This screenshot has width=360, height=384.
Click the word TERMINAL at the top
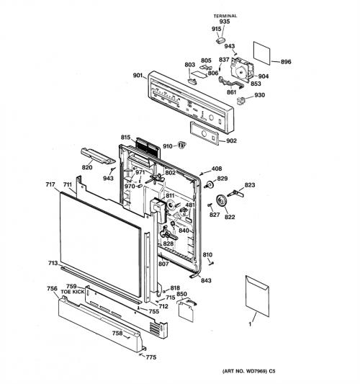(225, 16)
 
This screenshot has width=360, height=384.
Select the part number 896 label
(286, 62)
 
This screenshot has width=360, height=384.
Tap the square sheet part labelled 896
(262, 53)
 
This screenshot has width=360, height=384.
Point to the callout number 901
(138, 76)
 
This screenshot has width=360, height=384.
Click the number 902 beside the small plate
(231, 140)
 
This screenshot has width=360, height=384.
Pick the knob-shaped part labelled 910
(181, 145)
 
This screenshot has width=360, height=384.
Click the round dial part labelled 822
(222, 201)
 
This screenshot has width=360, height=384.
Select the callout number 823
(250, 185)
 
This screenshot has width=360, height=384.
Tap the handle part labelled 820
(98, 156)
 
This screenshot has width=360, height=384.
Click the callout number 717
(50, 184)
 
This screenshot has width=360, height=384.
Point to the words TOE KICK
(73, 292)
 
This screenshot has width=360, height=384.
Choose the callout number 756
(52, 289)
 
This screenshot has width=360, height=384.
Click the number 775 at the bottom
(151, 357)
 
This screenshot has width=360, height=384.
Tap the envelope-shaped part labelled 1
(257, 296)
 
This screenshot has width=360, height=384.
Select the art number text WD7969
(257, 371)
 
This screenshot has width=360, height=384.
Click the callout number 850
(181, 294)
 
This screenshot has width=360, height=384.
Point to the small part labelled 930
(241, 100)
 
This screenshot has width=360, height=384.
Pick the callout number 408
(217, 169)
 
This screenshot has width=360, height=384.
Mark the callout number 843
(206, 280)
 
